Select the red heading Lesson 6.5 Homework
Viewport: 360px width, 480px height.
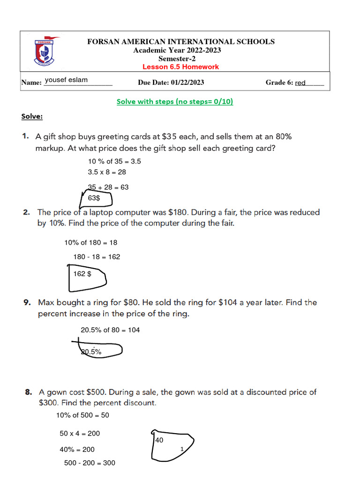tap(180, 67)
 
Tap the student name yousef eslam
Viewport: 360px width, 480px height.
tap(66, 80)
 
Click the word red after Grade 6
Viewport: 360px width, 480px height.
tap(300, 83)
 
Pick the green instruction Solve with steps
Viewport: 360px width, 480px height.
tap(175, 102)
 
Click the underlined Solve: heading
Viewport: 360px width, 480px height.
tap(32, 116)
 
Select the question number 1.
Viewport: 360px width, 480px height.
tap(25, 137)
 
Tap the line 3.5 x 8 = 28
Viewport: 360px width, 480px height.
tap(107, 172)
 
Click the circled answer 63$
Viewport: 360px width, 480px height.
tap(94, 198)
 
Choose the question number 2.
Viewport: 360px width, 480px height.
tap(27, 212)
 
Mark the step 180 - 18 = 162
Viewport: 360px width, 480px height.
tap(97, 257)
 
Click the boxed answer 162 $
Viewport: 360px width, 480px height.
tap(82, 274)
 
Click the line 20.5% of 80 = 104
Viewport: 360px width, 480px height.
tap(110, 330)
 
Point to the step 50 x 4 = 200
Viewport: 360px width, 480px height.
tap(80, 434)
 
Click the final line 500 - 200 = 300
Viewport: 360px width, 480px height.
tap(90, 463)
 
